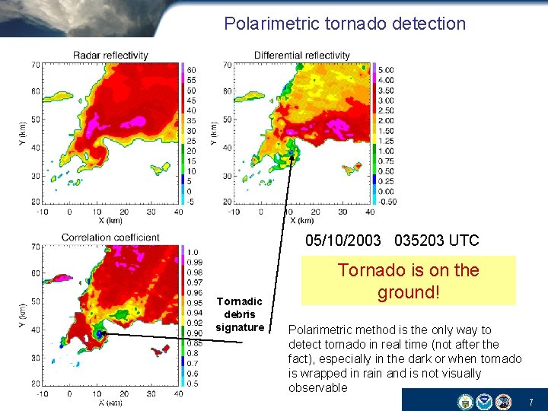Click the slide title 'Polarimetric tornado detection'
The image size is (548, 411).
tap(344, 24)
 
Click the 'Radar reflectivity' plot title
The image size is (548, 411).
tap(110, 56)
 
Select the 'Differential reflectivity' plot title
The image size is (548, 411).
tap(302, 56)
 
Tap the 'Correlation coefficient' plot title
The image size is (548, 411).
tap(110, 237)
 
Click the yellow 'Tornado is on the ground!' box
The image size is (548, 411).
tap(408, 281)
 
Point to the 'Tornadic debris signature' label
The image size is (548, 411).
tap(239, 314)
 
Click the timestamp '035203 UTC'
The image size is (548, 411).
tap(437, 241)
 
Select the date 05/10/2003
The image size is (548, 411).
tap(343, 241)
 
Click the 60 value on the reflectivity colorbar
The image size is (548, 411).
tap(191, 70)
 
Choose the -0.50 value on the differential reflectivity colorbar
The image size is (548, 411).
tap(387, 201)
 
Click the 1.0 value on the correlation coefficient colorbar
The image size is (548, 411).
tap(193, 252)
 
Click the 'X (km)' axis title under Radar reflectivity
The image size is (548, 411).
tap(112, 221)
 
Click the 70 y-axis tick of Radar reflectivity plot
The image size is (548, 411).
tap(36, 65)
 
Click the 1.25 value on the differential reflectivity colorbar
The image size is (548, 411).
tap(387, 141)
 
